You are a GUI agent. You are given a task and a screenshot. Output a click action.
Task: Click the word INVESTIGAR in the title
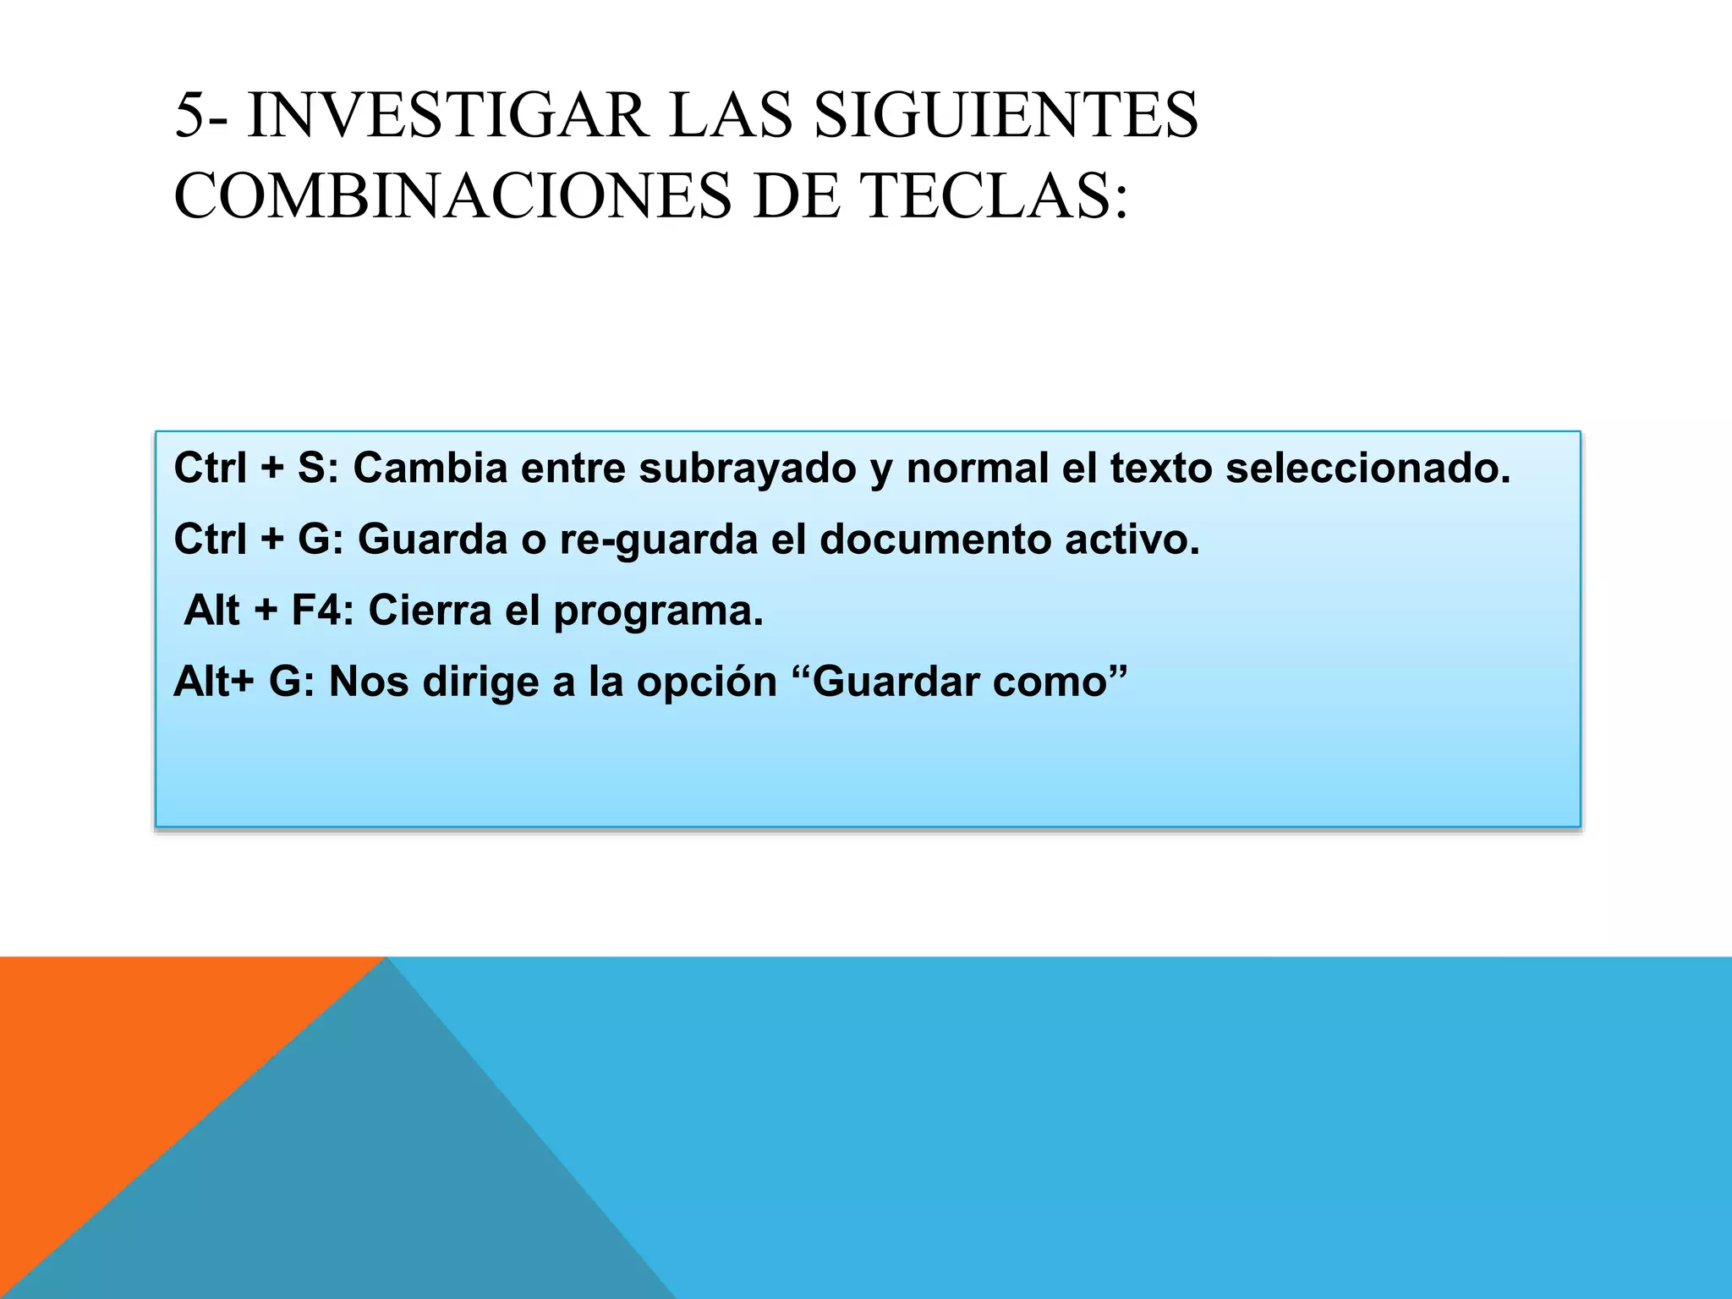448,116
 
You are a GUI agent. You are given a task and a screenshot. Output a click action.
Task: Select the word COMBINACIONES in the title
452,196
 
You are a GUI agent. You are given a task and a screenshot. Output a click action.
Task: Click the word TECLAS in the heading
993,196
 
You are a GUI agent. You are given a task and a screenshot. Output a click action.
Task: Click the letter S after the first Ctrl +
311,468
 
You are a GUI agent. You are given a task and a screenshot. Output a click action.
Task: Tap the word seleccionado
1367,468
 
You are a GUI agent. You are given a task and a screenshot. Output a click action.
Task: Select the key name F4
320,610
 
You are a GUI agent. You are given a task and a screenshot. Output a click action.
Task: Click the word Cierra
430,610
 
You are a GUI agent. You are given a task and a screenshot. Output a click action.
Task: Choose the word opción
706,682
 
